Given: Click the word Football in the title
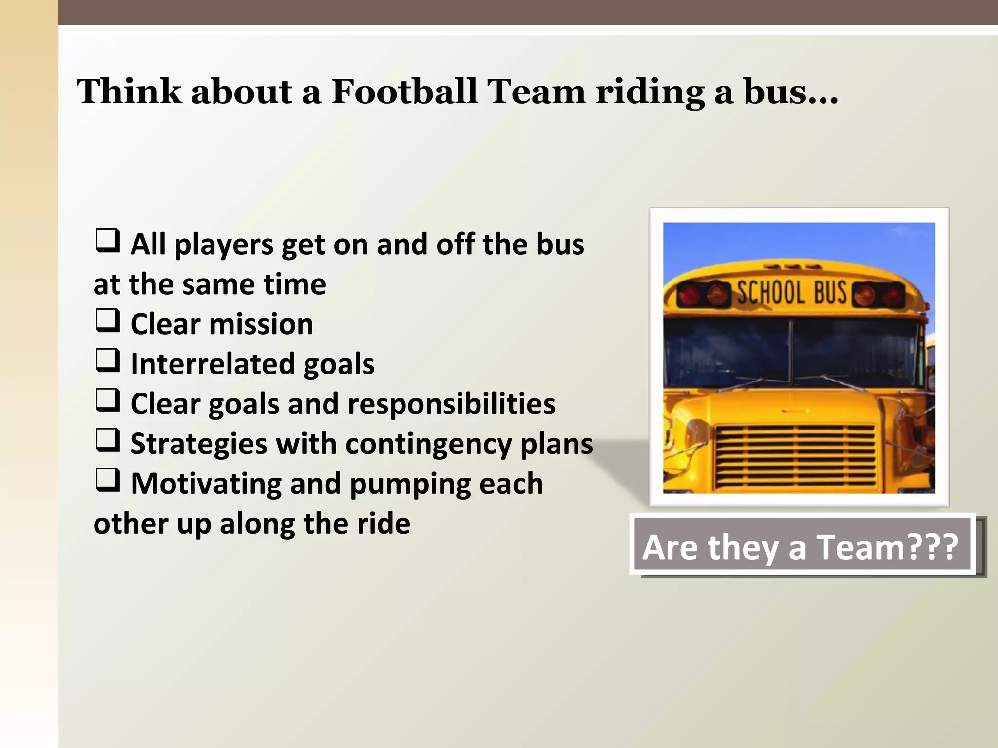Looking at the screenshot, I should pos(404,92).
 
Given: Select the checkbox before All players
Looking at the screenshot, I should pos(108,241).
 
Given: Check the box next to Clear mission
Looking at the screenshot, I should pos(108,320).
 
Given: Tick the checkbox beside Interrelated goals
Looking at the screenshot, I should pos(108,360).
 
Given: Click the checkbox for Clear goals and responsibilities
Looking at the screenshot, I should pos(108,400).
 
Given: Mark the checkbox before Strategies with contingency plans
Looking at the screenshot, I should pos(108,440).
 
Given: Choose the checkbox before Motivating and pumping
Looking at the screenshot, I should pos(108,480).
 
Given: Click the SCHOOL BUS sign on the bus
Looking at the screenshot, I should pos(791,293).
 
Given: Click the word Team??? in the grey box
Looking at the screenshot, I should pos(887,547).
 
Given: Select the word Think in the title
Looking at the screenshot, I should pos(129,92).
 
